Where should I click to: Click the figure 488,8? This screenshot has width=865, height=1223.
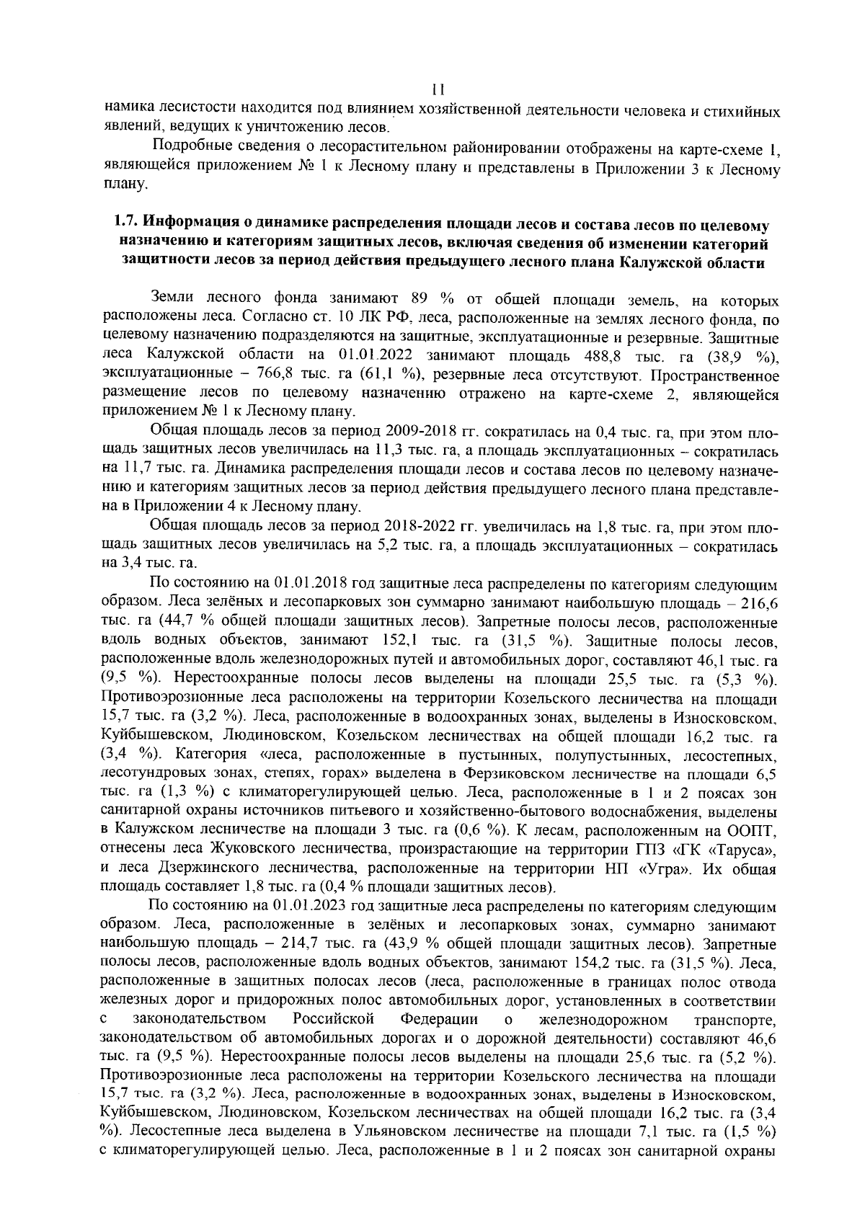(595, 356)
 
